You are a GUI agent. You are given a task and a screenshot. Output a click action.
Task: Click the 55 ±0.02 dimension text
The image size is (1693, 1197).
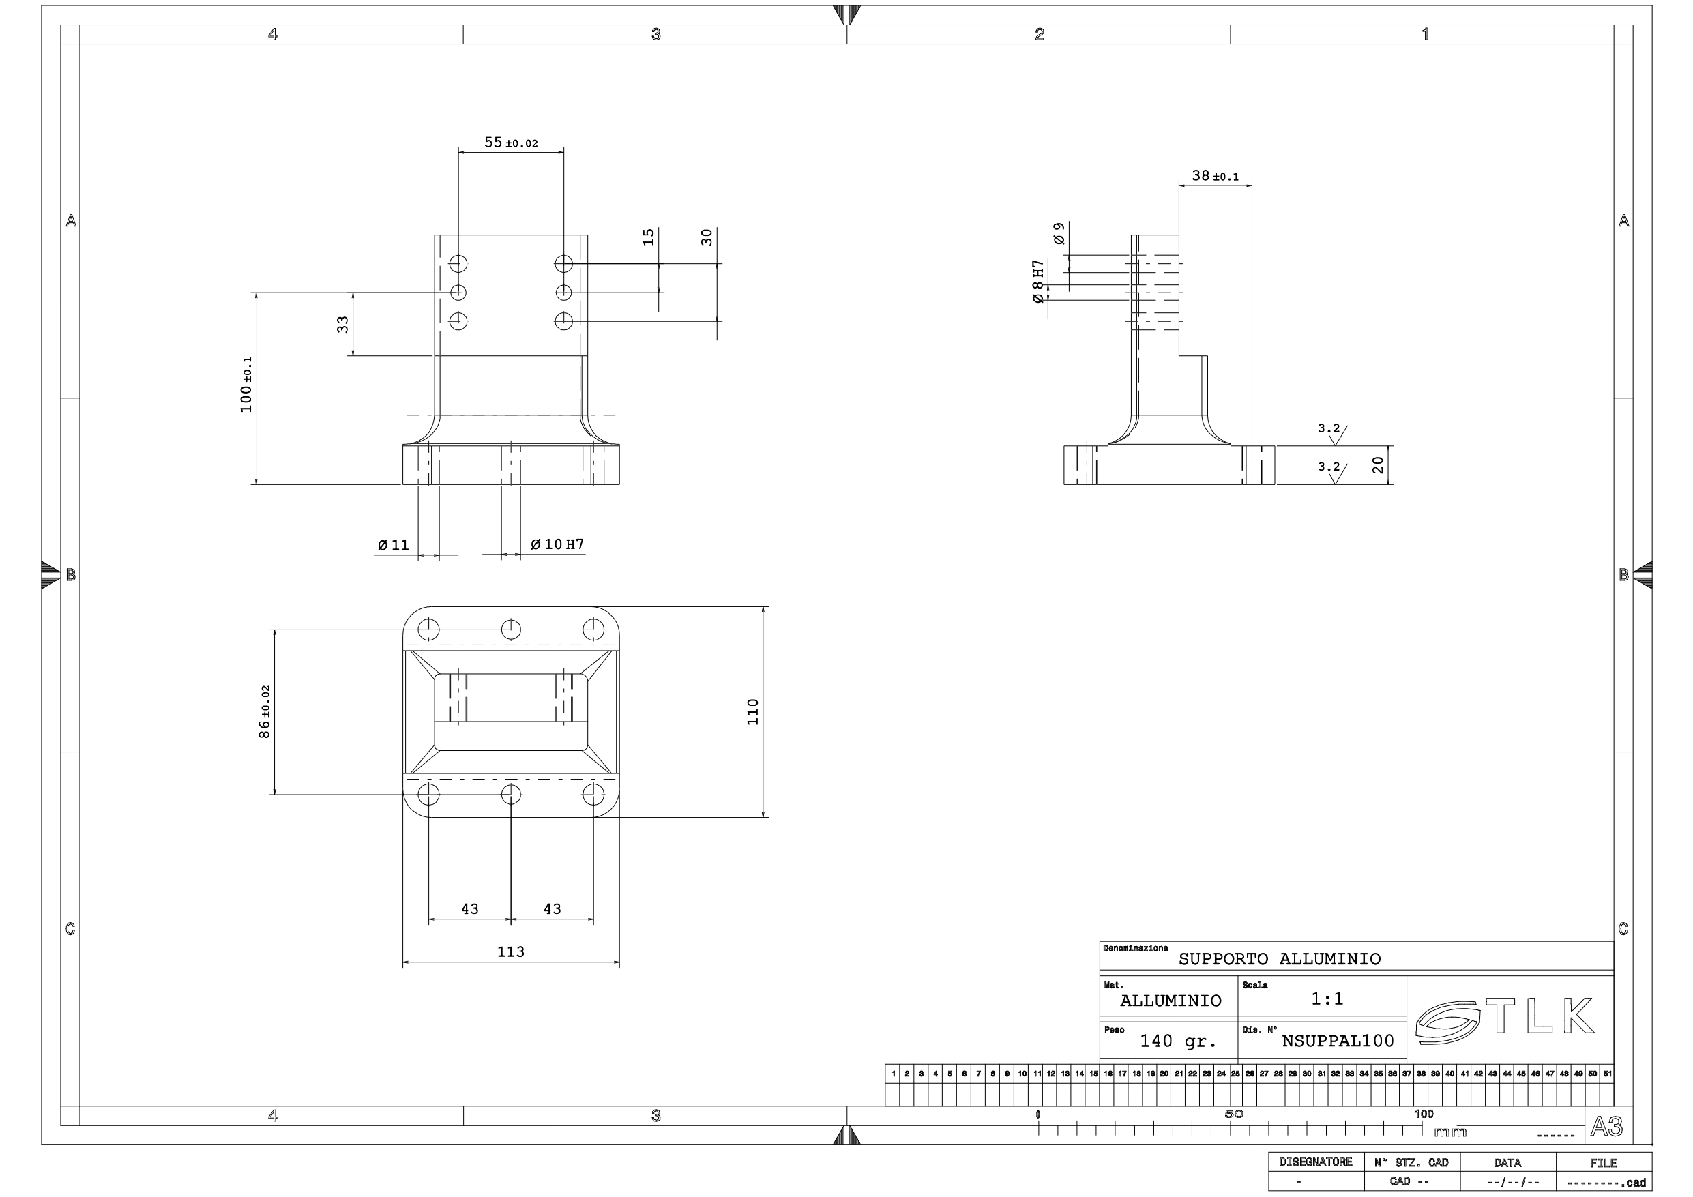click(x=510, y=143)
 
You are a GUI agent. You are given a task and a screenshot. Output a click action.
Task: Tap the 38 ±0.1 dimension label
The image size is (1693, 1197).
click(x=1214, y=176)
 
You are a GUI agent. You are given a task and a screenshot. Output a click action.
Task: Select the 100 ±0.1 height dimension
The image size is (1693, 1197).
click(x=246, y=384)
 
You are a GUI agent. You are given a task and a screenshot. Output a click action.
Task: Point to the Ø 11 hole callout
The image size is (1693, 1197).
click(x=393, y=545)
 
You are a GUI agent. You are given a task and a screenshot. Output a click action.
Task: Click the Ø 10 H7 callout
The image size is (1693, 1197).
click(x=557, y=544)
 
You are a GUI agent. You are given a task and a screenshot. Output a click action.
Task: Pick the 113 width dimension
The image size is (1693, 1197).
click(x=510, y=951)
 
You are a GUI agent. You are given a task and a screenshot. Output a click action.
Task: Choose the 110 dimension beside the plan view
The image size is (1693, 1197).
click(x=752, y=711)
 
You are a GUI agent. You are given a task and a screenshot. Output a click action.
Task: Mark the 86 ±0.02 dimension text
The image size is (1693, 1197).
click(x=264, y=711)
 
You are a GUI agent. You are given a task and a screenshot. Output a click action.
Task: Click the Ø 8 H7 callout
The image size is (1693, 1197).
click(x=1038, y=281)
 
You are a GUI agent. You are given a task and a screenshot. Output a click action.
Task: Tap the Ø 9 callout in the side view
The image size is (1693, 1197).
click(x=1059, y=233)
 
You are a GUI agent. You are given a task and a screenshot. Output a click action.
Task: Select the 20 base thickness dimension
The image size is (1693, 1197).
click(x=1377, y=464)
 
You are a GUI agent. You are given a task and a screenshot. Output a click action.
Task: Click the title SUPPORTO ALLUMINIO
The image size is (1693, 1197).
click(x=1280, y=959)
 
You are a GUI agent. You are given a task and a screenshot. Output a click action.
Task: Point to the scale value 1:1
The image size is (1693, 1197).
click(x=1327, y=999)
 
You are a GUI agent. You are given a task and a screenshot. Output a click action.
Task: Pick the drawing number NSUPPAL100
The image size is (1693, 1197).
click(x=1338, y=1041)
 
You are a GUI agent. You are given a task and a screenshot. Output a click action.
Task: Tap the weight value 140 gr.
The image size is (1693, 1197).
click(x=1177, y=1041)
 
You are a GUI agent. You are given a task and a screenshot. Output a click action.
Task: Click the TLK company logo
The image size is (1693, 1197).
click(x=1505, y=1020)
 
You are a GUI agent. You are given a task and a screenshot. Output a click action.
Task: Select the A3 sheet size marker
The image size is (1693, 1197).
click(x=1606, y=1126)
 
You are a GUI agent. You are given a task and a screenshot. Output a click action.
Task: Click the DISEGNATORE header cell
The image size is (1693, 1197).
click(x=1316, y=1162)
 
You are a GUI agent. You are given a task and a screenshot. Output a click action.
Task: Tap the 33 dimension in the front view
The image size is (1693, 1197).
click(x=342, y=324)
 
